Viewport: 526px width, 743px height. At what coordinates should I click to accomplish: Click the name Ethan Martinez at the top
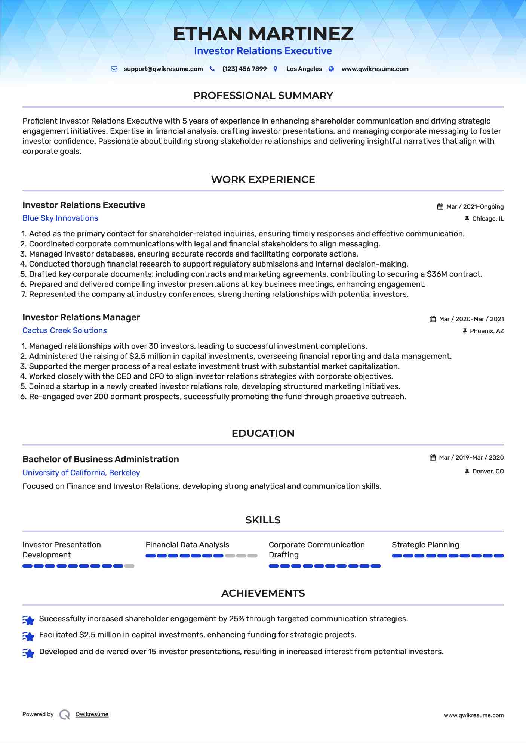pos(263,34)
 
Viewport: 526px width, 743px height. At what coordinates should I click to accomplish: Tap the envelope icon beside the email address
pos(114,69)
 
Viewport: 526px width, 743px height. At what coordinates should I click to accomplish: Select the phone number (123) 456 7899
pos(244,69)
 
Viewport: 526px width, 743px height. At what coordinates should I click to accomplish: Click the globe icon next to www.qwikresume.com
pos(331,69)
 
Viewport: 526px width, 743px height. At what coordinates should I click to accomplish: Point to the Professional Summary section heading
pos(263,96)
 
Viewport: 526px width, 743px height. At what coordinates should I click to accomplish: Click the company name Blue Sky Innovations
pos(60,218)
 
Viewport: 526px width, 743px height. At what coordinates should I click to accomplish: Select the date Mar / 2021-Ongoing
pos(475,207)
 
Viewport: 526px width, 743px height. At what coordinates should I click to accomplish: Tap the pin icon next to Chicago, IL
pos(467,219)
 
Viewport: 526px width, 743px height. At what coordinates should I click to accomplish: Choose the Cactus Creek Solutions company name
pos(65,330)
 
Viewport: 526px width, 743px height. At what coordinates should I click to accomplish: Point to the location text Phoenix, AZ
pos(487,331)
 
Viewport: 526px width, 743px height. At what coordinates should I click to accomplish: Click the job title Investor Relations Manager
pos(81,317)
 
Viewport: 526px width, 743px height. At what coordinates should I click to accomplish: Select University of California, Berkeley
pos(81,473)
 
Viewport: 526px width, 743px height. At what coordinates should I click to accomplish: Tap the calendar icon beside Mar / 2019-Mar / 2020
pos(433,458)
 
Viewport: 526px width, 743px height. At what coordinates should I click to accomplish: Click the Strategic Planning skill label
pos(425,545)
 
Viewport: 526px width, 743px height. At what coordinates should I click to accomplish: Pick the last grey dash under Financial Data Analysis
pos(253,556)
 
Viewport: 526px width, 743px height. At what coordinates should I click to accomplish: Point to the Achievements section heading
pos(263,593)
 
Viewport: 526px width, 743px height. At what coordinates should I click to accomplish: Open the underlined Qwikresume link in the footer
pos(92,714)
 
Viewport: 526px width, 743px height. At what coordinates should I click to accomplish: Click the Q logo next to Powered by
pos(65,715)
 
